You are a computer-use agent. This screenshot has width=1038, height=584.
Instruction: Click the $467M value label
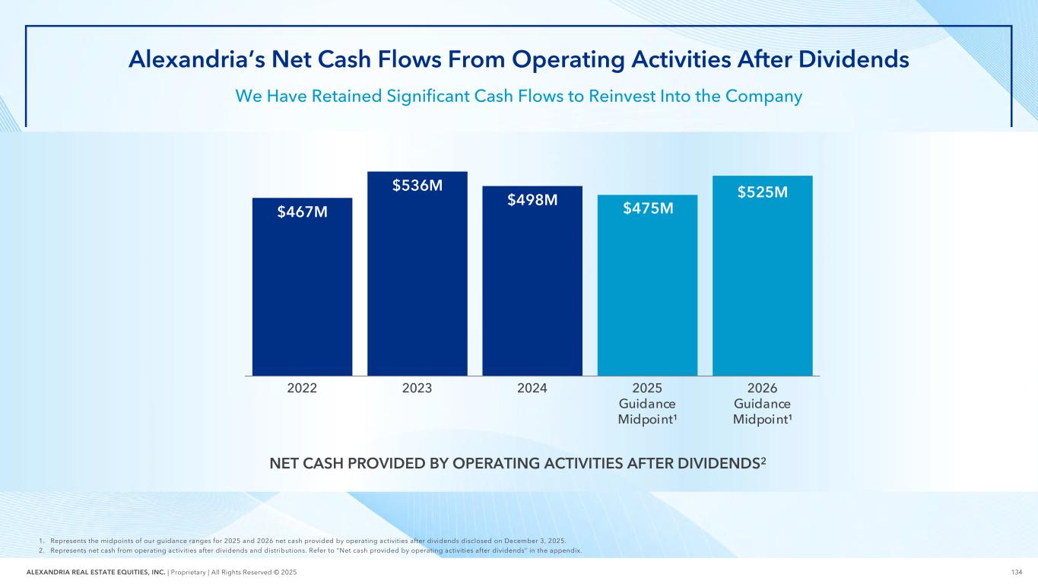(x=303, y=211)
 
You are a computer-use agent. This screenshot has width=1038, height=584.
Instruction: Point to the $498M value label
(x=532, y=200)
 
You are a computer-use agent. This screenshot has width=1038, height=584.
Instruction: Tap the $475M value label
(x=648, y=208)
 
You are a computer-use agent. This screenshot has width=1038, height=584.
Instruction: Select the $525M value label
(x=762, y=192)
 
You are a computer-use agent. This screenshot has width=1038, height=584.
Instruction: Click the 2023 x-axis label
(x=417, y=388)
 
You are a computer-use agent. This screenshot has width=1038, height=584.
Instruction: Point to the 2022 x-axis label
(x=303, y=388)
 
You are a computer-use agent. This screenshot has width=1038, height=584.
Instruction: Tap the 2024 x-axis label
(x=532, y=388)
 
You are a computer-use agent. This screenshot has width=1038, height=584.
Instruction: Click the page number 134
(x=1017, y=572)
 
